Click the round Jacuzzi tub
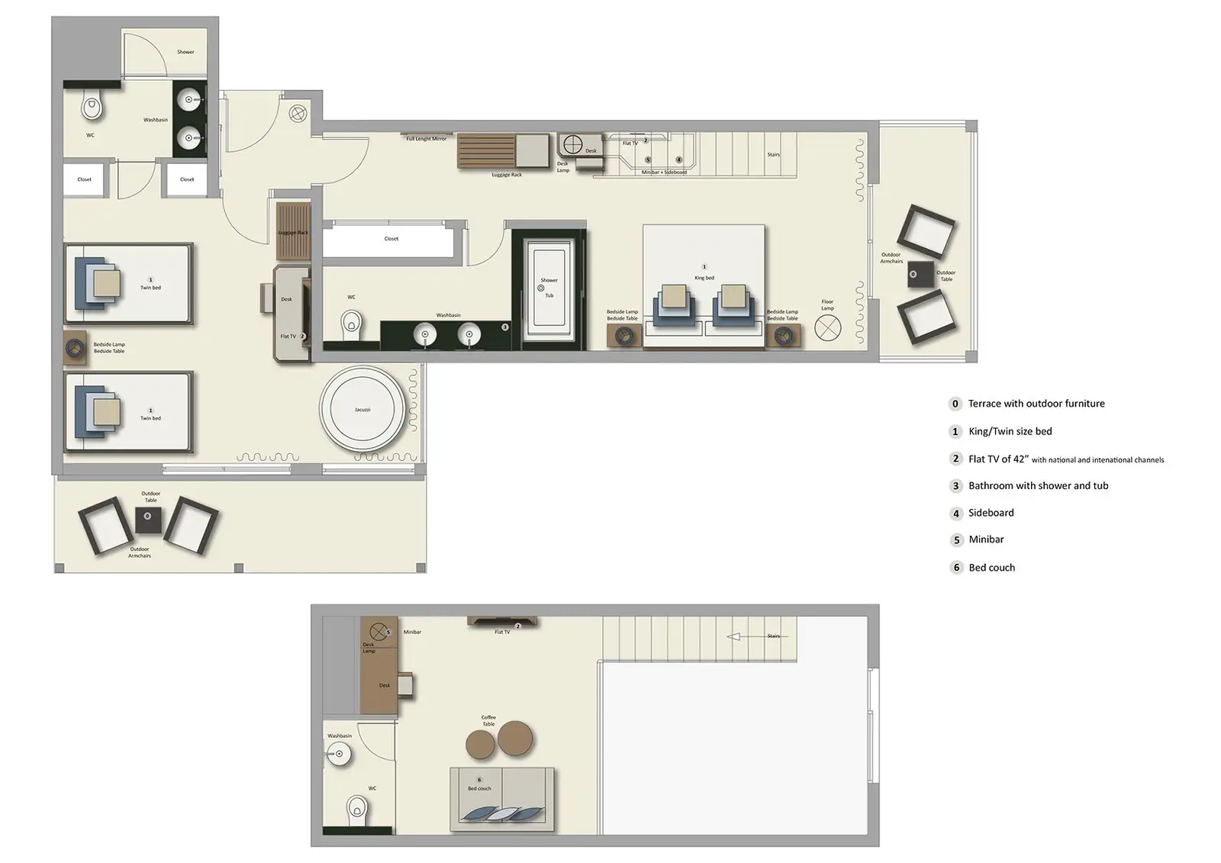coord(362,411)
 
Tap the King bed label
coord(704,278)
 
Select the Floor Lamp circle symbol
coord(827,329)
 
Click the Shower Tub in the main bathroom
coord(549,288)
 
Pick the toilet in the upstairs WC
coord(356,808)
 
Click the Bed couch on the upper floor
coord(502,797)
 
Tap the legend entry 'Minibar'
coord(986,539)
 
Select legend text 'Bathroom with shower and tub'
coord(1038,485)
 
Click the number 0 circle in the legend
coord(955,404)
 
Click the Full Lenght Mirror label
coord(426,139)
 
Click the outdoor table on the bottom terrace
coord(148,520)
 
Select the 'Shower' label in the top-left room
coord(185,52)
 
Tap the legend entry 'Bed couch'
coord(991,568)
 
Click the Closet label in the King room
coord(391,239)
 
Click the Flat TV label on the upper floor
coord(501,632)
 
